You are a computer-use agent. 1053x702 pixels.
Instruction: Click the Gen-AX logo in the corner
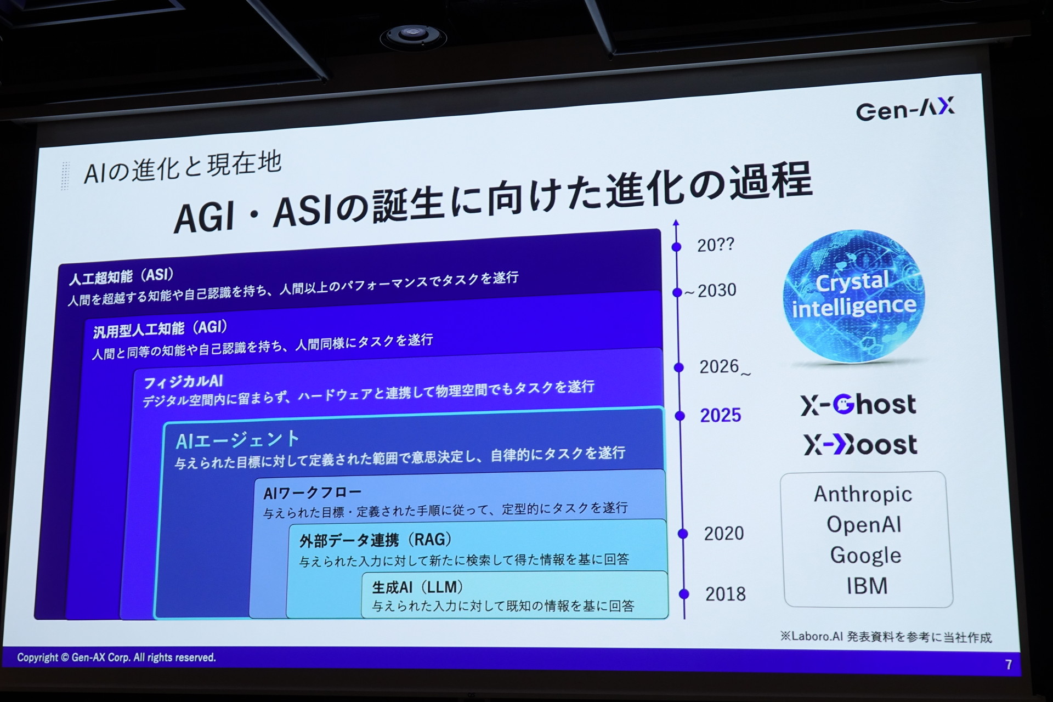(x=905, y=109)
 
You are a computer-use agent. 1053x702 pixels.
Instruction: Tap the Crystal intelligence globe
(x=853, y=297)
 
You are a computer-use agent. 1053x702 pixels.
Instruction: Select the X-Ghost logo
(x=858, y=405)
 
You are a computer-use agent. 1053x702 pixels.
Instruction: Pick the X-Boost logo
(x=860, y=445)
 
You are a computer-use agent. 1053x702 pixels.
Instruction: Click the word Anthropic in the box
(x=863, y=494)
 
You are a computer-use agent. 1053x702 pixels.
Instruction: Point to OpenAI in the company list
(x=864, y=525)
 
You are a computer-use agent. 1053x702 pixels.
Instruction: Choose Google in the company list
(x=865, y=556)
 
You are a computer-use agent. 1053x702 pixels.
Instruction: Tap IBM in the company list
(x=867, y=586)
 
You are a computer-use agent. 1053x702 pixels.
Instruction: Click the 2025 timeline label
(x=720, y=415)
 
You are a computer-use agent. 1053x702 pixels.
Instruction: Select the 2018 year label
(x=725, y=594)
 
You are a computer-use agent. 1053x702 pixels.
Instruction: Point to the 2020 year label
(x=723, y=533)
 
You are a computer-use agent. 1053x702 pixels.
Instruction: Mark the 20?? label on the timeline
(x=715, y=245)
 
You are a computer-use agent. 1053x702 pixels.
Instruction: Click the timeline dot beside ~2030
(x=677, y=292)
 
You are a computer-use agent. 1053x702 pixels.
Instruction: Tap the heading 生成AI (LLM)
(x=417, y=587)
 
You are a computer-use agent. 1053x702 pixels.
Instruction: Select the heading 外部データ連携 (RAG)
(x=375, y=540)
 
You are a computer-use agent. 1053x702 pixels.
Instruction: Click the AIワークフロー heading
(x=312, y=493)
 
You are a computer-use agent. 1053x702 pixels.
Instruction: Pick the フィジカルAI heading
(x=183, y=381)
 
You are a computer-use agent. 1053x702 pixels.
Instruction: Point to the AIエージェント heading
(x=237, y=440)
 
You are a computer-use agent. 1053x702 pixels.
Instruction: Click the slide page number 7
(x=1009, y=665)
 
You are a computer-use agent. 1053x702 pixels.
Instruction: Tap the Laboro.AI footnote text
(x=886, y=637)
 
